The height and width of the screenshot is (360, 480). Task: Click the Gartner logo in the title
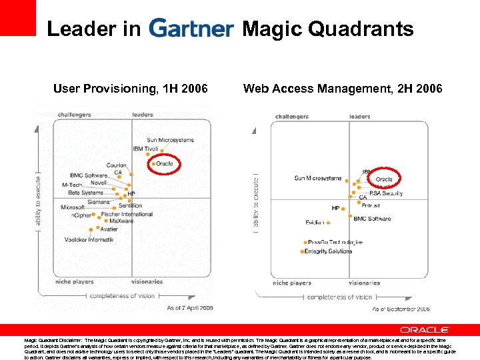[x=191, y=29]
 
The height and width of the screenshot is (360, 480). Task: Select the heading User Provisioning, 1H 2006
[x=130, y=89]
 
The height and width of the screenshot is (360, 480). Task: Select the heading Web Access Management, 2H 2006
[x=343, y=89]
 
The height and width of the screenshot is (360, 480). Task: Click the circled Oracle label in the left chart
[x=164, y=163]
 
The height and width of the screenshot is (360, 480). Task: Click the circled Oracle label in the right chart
[x=384, y=179]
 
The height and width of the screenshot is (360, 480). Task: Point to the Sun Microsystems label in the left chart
[x=171, y=140]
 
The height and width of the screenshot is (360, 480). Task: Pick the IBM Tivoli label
[x=146, y=149]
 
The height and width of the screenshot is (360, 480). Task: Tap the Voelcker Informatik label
[x=89, y=239]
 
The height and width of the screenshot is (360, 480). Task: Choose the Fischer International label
[x=127, y=215]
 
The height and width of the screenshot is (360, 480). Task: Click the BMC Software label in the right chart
[x=372, y=219]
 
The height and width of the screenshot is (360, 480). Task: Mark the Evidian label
[x=315, y=222]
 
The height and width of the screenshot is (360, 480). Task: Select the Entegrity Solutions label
[x=328, y=251]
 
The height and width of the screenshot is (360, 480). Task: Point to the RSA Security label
[x=386, y=193]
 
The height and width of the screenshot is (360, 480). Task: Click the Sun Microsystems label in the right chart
[x=318, y=178]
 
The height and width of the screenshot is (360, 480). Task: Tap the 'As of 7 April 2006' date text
[x=190, y=307]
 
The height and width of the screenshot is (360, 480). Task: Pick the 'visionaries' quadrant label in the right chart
[x=364, y=283]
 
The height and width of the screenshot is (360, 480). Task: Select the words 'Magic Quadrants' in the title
[x=327, y=29]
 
